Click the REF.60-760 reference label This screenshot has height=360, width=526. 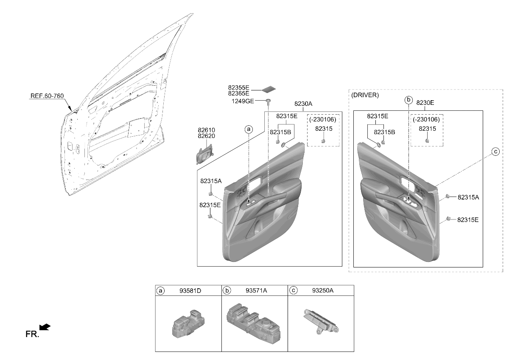point(47,96)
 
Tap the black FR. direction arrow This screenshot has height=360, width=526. point(45,327)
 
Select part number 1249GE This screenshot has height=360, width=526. point(243,101)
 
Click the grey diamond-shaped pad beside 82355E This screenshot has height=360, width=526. point(269,89)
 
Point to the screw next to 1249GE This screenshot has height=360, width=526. point(268,101)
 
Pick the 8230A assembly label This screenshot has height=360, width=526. point(303,104)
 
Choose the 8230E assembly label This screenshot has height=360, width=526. point(425,103)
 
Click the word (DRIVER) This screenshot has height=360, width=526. point(365,95)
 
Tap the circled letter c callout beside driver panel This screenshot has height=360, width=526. point(495,152)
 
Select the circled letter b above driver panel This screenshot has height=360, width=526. point(408,100)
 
